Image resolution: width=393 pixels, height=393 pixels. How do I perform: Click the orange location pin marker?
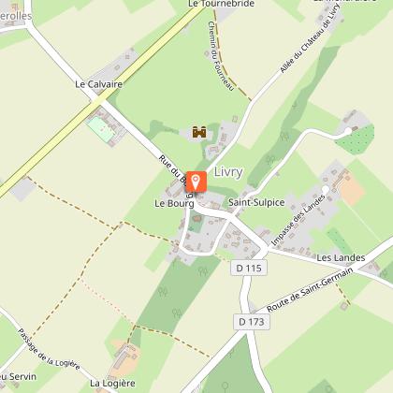point(196,182)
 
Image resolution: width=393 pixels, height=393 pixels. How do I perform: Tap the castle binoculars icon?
point(199,133)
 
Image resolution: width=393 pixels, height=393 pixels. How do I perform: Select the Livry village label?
point(228,172)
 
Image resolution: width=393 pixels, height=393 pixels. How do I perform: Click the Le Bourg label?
point(172,201)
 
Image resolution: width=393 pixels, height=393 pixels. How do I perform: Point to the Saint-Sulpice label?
point(256,201)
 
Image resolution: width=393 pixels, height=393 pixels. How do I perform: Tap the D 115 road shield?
point(246,268)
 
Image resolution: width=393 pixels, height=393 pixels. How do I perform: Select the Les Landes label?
point(338,257)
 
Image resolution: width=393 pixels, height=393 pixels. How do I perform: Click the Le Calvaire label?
point(98,83)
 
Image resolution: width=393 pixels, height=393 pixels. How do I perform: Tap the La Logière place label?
point(113,383)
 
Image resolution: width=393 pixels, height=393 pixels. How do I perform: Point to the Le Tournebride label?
point(221,4)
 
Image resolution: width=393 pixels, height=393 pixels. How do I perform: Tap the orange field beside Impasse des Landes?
point(351,191)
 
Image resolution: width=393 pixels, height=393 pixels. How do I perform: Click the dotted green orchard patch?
point(356,139)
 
